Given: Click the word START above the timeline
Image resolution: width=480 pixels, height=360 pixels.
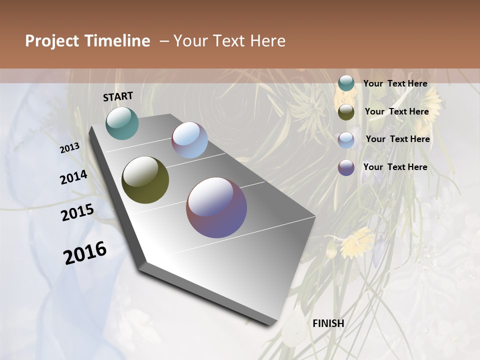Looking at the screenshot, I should pyautogui.click(x=118, y=96).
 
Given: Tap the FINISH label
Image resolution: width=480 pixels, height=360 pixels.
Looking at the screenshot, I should pyautogui.click(x=328, y=323).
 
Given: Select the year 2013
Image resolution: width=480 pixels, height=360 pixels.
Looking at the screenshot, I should pyautogui.click(x=69, y=147).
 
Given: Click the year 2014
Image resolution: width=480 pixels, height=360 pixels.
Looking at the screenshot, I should pyautogui.click(x=73, y=177).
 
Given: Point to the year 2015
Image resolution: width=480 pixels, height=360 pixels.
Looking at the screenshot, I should pyautogui.click(x=77, y=212).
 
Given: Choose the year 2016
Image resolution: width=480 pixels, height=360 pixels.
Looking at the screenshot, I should pyautogui.click(x=85, y=253).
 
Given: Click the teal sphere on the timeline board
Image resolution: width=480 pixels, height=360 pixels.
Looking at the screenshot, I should pyautogui.click(x=122, y=123).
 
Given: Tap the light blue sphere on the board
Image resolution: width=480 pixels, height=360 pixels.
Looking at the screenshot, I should pyautogui.click(x=189, y=140).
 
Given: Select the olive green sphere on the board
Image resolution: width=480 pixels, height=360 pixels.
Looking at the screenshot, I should pyautogui.click(x=145, y=180).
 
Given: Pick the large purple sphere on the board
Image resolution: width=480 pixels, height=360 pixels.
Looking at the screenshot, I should pyautogui.click(x=216, y=207).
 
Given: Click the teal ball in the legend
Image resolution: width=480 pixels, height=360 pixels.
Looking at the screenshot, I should pyautogui.click(x=346, y=83).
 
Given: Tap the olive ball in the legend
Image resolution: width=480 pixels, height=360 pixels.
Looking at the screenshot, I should pyautogui.click(x=346, y=112).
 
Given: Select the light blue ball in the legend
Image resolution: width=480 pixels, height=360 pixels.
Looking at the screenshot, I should pyautogui.click(x=346, y=139).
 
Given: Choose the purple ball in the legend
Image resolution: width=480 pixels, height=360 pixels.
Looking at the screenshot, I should pyautogui.click(x=346, y=167).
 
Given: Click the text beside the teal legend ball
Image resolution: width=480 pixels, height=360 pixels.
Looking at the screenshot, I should pyautogui.click(x=395, y=83).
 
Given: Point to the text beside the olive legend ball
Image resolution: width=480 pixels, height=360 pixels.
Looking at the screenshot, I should pyautogui.click(x=396, y=111).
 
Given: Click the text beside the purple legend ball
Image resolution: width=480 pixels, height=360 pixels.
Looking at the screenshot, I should pyautogui.click(x=395, y=167).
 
